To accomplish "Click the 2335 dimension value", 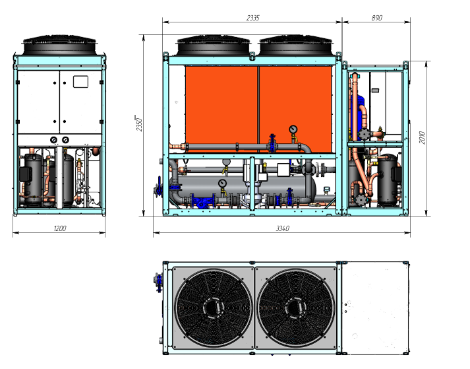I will click(252, 18).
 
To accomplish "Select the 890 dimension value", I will click(376, 18).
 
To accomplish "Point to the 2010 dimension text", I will click(422, 137).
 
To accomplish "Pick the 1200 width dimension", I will click(59, 228).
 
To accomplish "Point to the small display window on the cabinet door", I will click(80, 83).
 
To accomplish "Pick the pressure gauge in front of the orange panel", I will click(293, 129).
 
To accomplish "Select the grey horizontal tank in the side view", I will click(277, 188).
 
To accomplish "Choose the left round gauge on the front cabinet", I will click(53, 140).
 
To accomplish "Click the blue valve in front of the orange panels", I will click(271, 144).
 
